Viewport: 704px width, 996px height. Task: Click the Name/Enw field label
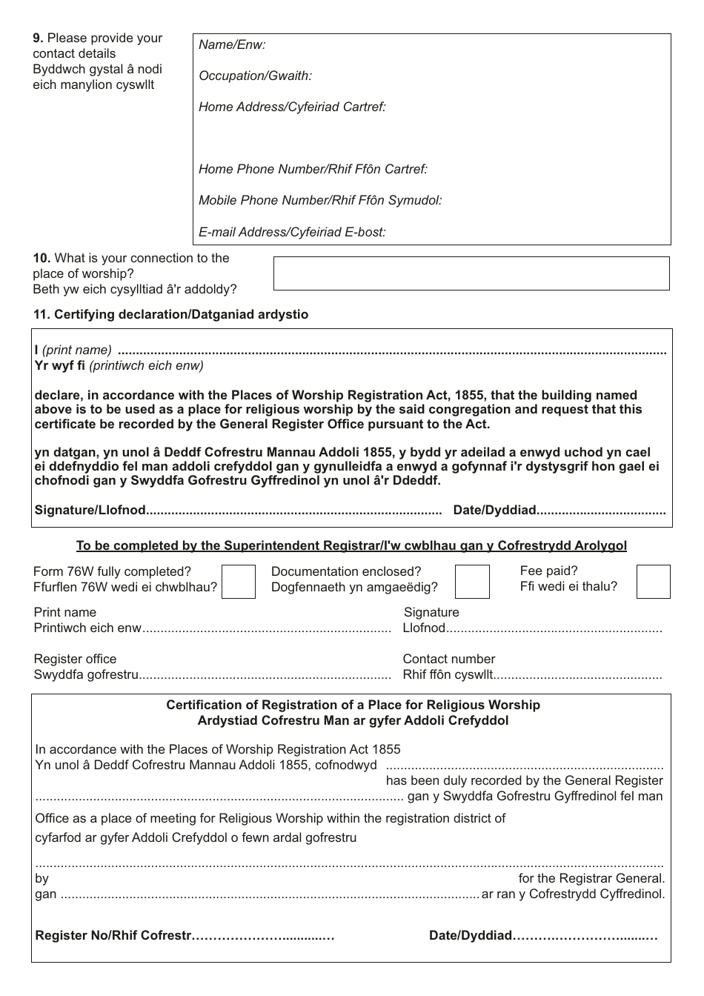click(232, 44)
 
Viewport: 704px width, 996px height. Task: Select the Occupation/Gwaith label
click(255, 76)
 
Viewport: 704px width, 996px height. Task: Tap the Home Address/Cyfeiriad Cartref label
click(292, 107)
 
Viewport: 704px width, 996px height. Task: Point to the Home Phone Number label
click(313, 169)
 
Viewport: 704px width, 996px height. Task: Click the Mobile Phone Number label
click(320, 200)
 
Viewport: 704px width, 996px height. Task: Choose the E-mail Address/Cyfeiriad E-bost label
click(292, 232)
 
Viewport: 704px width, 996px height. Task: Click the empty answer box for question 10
click(471, 273)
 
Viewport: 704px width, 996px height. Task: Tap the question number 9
click(38, 38)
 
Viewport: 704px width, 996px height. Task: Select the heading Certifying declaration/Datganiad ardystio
click(170, 314)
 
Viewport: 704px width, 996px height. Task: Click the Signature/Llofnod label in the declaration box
click(90, 510)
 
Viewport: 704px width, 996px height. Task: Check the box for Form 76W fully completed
click(239, 582)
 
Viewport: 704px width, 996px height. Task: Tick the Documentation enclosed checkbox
click(472, 582)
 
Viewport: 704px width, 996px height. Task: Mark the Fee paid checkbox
click(653, 582)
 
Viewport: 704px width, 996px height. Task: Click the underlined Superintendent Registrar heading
click(351, 546)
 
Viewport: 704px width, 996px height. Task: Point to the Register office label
click(75, 659)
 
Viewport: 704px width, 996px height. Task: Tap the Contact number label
click(448, 659)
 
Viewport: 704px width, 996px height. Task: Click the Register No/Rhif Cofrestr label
click(113, 935)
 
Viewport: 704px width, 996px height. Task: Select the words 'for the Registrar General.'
click(591, 879)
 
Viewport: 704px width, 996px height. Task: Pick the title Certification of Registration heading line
click(353, 705)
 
